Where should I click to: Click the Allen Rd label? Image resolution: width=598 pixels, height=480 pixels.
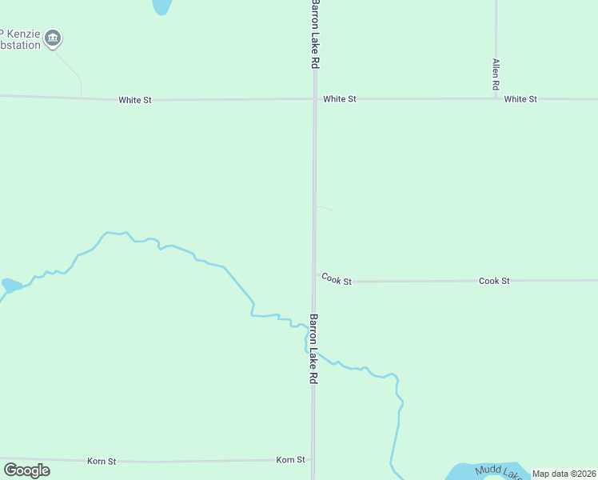click(496, 74)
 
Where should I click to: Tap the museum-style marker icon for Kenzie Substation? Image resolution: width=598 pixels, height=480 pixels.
click(53, 38)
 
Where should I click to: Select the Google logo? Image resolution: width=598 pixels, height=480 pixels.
click(27, 470)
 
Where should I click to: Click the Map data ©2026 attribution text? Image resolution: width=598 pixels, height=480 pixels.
click(564, 474)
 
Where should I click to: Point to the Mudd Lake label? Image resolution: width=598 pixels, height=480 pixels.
click(499, 472)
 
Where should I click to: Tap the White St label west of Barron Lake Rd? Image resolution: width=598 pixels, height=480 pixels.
click(134, 100)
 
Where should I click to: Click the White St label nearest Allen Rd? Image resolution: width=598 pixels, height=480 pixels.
click(520, 99)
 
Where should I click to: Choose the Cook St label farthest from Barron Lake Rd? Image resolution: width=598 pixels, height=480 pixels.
click(494, 281)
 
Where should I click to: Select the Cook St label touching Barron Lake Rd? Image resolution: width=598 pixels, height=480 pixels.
click(337, 279)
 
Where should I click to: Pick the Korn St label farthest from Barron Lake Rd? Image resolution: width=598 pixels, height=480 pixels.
click(102, 462)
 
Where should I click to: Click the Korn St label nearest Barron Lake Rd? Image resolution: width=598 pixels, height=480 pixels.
click(290, 460)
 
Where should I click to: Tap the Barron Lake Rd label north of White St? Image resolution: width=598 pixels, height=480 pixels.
click(315, 34)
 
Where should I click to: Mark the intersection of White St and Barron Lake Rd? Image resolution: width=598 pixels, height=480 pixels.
click(315, 99)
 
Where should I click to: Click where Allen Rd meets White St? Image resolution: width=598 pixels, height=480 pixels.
click(496, 98)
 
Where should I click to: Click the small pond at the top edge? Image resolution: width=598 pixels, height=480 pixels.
click(161, 6)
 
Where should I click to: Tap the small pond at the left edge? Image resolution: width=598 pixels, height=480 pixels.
click(11, 285)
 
